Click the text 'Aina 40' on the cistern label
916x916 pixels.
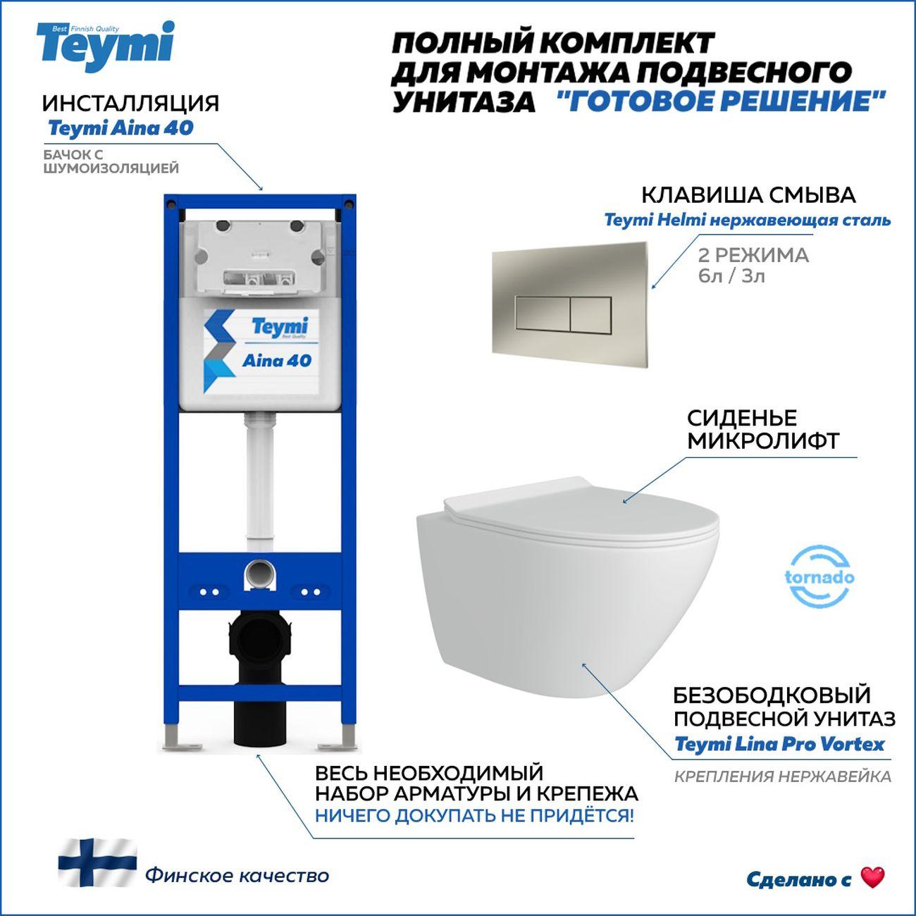277,361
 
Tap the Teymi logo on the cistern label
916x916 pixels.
280,328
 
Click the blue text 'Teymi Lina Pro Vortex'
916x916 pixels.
779,744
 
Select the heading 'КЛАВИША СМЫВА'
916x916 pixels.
749,195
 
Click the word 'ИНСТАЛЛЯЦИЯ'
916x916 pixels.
131,103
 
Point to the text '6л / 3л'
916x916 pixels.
731,276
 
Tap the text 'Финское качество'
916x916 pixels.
237,875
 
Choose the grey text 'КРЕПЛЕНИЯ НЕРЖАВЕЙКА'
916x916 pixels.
782,776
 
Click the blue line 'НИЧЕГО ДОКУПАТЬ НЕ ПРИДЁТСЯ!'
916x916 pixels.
474,816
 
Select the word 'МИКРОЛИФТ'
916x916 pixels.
763,440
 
